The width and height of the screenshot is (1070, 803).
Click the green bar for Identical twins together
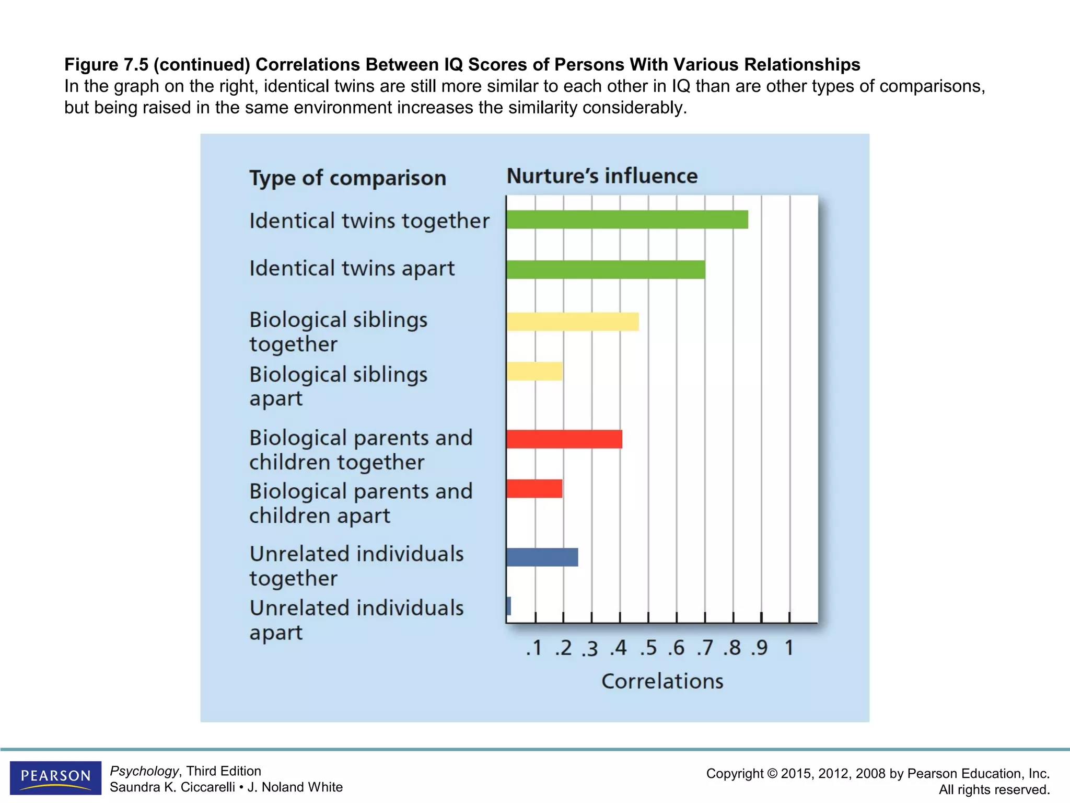coord(627,220)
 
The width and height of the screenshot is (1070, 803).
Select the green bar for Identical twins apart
coord(606,270)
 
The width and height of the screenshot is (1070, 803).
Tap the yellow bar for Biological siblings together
coord(573,322)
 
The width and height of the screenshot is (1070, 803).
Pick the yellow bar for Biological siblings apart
coord(534,371)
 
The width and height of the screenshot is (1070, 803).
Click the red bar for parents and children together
coord(564,439)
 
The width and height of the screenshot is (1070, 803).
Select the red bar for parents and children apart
coord(534,488)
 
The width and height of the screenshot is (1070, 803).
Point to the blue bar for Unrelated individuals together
coord(542,557)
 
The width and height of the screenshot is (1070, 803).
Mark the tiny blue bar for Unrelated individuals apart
coord(509,606)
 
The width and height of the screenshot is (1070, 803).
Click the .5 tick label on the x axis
coord(648,648)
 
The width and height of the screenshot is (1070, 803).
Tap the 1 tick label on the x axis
coord(789,648)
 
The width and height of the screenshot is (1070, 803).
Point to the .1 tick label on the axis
coord(534,648)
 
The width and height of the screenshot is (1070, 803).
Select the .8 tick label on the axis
coord(732,648)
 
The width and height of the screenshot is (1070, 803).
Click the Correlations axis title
coord(662,681)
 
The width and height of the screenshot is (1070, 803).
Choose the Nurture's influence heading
coord(602,176)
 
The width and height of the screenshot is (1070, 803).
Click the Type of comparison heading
coord(347,178)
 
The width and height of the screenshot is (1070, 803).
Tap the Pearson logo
coord(55,777)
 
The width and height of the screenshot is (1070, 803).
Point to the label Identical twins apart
coord(352,269)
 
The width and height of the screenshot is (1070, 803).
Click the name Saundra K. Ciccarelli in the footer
coord(172,787)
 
